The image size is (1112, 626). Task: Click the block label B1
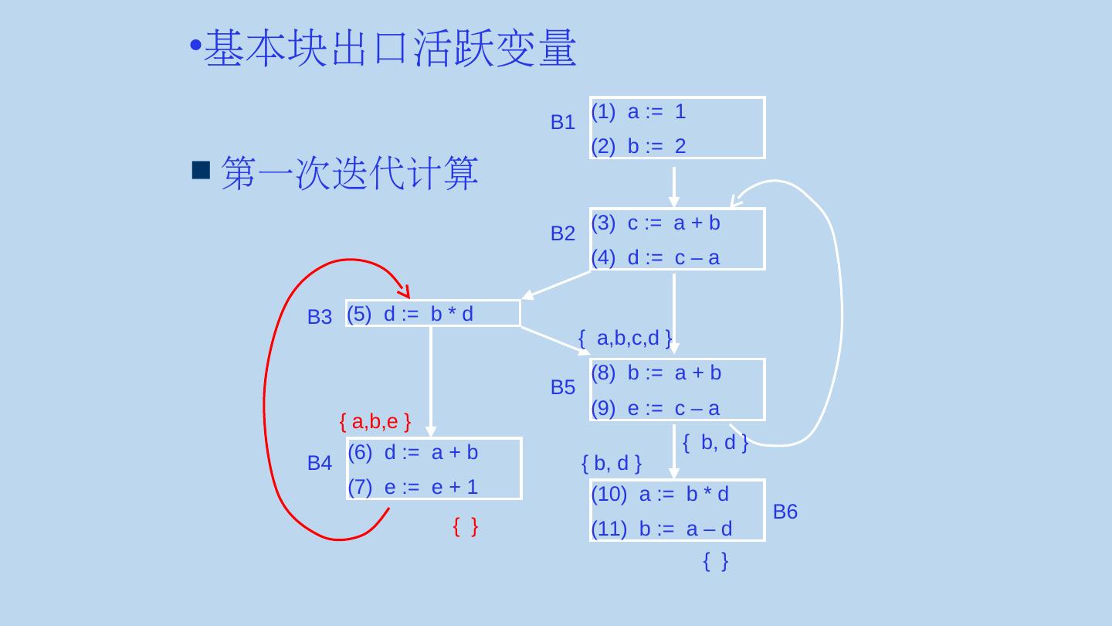click(x=562, y=122)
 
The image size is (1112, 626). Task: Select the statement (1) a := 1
click(x=638, y=112)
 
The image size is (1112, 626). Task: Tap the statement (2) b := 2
click(x=638, y=146)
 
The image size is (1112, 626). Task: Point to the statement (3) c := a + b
click(x=655, y=223)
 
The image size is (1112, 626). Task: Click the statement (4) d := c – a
click(x=655, y=257)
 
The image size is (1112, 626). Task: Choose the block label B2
click(x=562, y=233)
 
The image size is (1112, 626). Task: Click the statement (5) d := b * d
click(x=410, y=313)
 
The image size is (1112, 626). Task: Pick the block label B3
click(x=319, y=317)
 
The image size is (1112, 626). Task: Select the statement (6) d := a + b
click(x=412, y=452)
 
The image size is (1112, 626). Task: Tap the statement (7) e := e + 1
click(x=412, y=487)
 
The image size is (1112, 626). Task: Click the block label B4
click(x=319, y=464)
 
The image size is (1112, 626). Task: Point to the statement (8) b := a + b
click(x=656, y=373)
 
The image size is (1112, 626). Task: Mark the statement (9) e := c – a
click(x=655, y=408)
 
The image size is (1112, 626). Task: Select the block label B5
click(x=562, y=388)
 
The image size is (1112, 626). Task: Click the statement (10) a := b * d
click(x=659, y=495)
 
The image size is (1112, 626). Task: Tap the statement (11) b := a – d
click(x=661, y=529)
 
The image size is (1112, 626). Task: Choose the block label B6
click(x=785, y=512)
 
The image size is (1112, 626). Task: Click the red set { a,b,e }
click(x=374, y=422)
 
